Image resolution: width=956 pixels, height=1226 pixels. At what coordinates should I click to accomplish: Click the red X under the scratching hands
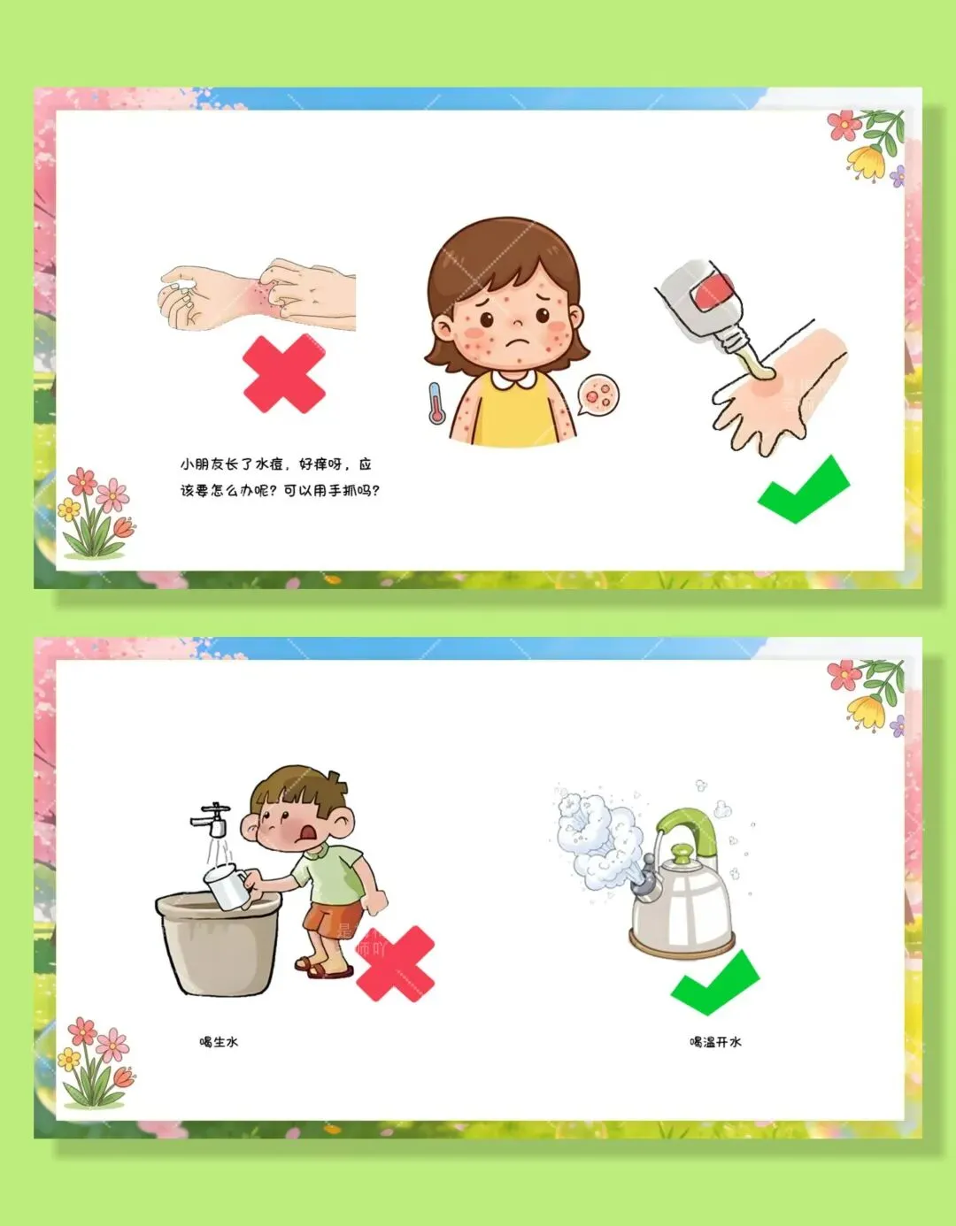[284, 373]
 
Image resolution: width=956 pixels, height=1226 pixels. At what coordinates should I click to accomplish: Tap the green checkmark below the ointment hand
[804, 490]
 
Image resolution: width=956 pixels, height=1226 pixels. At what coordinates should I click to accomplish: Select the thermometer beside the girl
[436, 402]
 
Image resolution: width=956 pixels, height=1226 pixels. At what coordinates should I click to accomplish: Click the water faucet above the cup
[211, 820]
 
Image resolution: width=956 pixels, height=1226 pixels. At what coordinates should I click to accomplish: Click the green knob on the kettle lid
[682, 854]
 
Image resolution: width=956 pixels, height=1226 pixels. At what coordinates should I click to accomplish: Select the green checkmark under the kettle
[715, 982]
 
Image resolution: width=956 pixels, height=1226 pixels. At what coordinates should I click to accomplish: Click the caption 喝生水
[219, 1042]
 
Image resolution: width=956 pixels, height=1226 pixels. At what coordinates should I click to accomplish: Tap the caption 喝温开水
[715, 1042]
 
